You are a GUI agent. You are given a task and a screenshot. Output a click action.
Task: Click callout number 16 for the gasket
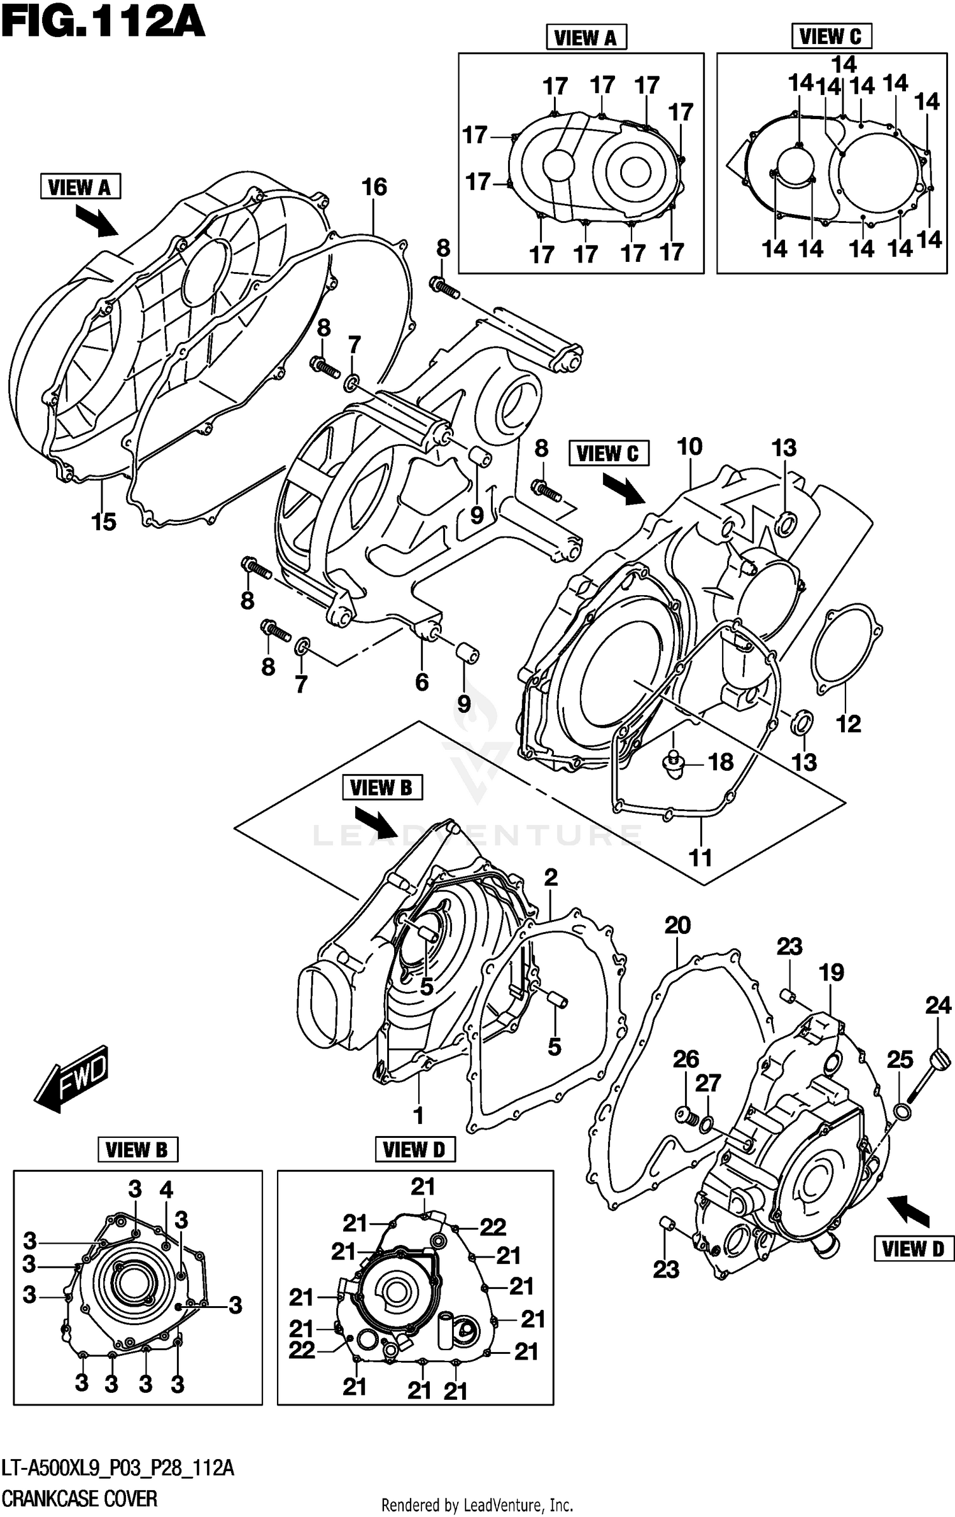(x=374, y=187)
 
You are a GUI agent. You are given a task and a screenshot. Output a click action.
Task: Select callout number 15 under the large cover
(x=104, y=522)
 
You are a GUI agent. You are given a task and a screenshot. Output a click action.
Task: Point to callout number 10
(x=690, y=447)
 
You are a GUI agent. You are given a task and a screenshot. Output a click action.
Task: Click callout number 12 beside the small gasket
(x=848, y=724)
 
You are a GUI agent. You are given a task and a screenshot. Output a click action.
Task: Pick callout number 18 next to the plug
(x=721, y=762)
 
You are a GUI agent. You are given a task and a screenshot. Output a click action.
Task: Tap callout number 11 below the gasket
(x=700, y=858)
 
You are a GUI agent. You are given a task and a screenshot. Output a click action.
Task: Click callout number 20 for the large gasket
(x=677, y=926)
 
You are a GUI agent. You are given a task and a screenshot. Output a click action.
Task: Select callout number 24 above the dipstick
(x=938, y=1006)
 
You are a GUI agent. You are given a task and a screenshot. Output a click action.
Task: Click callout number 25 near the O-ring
(x=900, y=1060)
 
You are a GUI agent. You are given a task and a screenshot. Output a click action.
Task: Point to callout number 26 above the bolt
(x=686, y=1060)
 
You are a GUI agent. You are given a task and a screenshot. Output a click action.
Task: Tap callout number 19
(x=831, y=973)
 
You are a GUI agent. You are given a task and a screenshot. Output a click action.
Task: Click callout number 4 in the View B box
(x=166, y=1190)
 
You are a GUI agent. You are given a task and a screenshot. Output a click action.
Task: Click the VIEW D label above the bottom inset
(x=414, y=1150)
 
